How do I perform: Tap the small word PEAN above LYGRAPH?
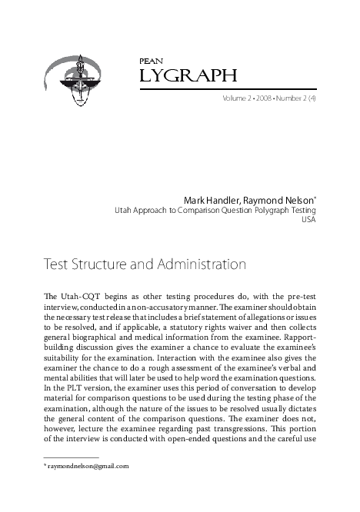point(147,59)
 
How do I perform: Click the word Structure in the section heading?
point(99,265)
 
